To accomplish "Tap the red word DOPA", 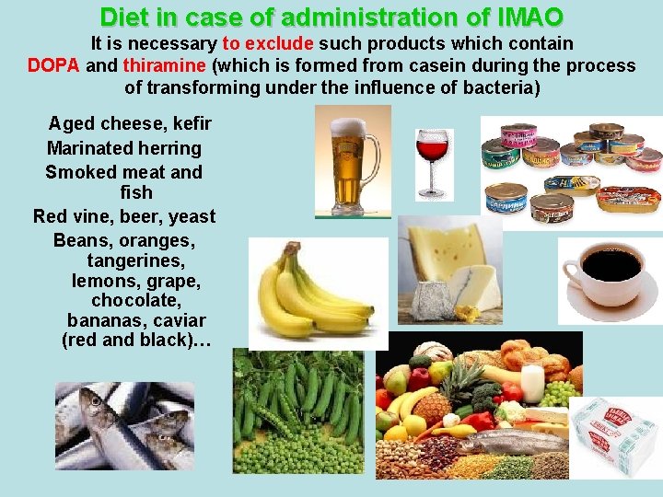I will click(53, 65).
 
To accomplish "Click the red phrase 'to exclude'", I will click(267, 43).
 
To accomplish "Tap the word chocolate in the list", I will click(136, 300).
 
